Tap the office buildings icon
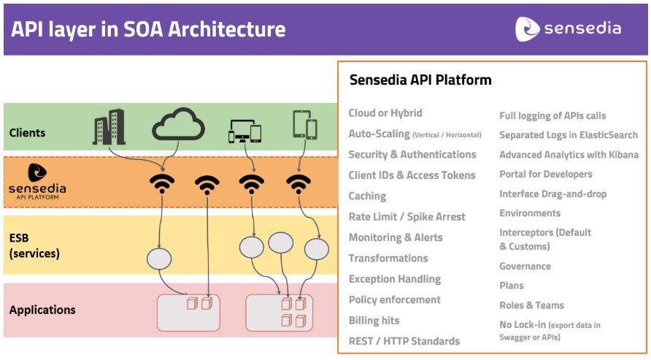[109, 127]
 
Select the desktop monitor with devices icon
[244, 131]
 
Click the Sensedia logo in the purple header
[568, 29]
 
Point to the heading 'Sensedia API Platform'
[420, 80]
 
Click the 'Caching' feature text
[367, 196]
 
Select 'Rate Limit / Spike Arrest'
[407, 217]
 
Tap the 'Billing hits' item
[374, 321]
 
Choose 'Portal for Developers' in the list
[546, 175]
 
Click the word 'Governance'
[525, 266]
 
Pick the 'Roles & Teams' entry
[532, 305]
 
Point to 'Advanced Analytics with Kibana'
[569, 155]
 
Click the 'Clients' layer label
[27, 133]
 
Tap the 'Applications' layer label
[42, 310]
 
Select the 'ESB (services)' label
[34, 245]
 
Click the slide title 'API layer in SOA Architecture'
[148, 30]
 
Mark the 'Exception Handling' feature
[394, 279]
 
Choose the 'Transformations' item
[388, 258]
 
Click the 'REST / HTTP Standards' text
[404, 341]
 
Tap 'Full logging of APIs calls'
[552, 116]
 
